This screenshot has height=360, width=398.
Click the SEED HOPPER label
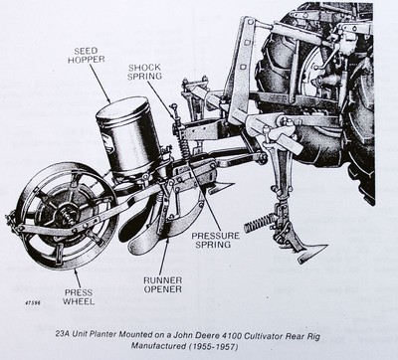86,55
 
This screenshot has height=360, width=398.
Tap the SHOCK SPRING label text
145,72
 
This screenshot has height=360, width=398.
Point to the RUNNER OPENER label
163,284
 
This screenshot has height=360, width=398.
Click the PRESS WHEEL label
79,297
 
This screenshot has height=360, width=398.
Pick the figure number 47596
34,302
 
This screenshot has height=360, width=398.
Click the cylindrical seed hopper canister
129,137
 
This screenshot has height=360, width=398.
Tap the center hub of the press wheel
65,216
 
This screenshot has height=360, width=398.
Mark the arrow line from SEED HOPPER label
99,84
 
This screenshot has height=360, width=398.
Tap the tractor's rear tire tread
360,132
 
